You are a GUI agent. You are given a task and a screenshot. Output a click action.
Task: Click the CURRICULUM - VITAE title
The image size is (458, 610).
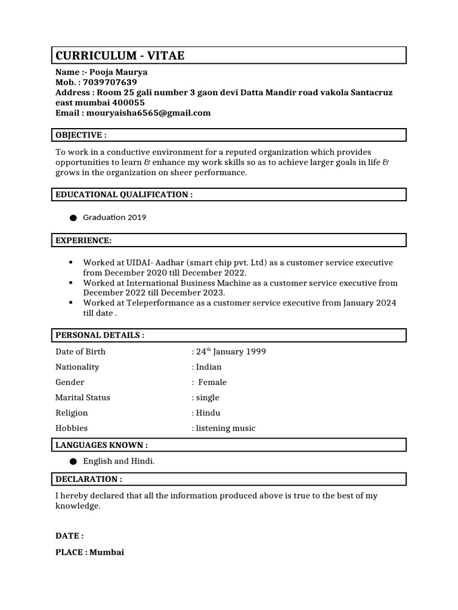(x=120, y=56)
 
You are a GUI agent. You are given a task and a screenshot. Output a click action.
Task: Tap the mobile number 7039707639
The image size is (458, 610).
(x=110, y=82)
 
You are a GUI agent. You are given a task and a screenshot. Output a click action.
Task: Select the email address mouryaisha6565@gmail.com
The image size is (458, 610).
(x=148, y=113)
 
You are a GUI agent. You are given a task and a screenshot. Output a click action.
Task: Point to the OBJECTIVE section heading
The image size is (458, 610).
(x=81, y=135)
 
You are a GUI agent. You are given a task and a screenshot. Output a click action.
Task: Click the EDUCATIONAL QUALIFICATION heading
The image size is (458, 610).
(x=124, y=195)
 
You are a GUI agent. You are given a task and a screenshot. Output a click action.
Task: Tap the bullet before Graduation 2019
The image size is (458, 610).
(x=73, y=218)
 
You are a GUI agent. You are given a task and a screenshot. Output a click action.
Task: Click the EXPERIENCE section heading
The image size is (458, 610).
(x=83, y=240)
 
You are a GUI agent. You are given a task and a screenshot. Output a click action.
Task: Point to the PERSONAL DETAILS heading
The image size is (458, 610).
(x=100, y=335)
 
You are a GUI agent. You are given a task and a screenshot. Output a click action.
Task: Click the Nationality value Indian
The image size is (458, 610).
(x=209, y=367)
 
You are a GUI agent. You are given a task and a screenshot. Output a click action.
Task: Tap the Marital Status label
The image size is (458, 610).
(x=83, y=397)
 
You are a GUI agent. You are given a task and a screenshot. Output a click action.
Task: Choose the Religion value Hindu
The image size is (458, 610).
(x=208, y=413)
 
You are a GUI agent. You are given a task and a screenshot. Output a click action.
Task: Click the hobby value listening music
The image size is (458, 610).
(x=225, y=428)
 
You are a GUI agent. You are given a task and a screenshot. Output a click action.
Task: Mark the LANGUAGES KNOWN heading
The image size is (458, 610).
(x=101, y=445)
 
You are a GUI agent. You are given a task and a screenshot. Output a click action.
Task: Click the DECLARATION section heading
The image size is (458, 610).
(x=89, y=479)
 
